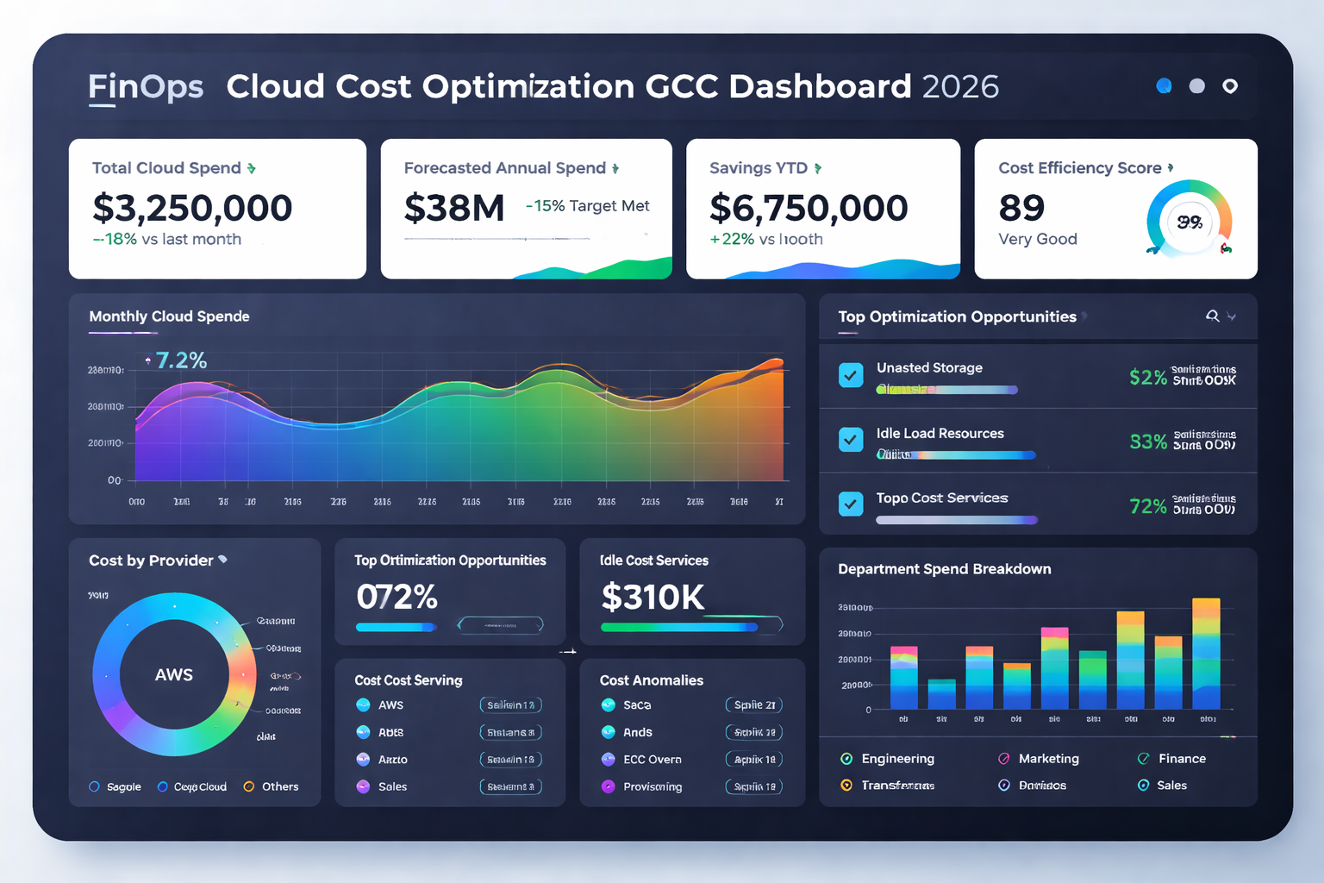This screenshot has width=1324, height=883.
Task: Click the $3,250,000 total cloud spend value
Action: tap(192, 208)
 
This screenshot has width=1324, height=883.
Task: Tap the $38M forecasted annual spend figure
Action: tap(454, 208)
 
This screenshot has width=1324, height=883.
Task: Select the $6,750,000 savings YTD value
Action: tap(808, 208)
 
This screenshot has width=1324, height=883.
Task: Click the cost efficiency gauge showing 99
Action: tap(1190, 222)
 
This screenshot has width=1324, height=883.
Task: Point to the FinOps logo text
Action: tap(146, 87)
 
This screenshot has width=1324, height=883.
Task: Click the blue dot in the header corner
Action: tap(1164, 85)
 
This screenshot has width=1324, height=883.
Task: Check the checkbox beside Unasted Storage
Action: tap(851, 375)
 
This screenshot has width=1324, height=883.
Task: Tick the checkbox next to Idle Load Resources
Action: tap(851, 440)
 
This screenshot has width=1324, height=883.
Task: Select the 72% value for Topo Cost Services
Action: tap(1147, 506)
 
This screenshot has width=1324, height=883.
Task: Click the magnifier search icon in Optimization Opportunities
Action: tap(1212, 316)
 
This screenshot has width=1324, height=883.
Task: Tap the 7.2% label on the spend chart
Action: tap(181, 360)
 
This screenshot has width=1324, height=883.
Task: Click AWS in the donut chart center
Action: tap(174, 674)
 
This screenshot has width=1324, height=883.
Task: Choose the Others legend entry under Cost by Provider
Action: tap(272, 786)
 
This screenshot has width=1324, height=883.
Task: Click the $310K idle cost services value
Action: tap(653, 597)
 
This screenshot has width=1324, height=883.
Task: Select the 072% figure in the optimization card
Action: tap(397, 597)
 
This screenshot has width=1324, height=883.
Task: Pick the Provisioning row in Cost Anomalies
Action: tap(652, 786)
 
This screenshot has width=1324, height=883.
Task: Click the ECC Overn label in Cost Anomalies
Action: tap(652, 760)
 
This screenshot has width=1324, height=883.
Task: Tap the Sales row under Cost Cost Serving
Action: tap(392, 786)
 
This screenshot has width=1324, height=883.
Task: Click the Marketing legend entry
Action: tap(1047, 759)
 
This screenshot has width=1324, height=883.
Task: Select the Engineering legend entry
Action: tap(896, 759)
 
